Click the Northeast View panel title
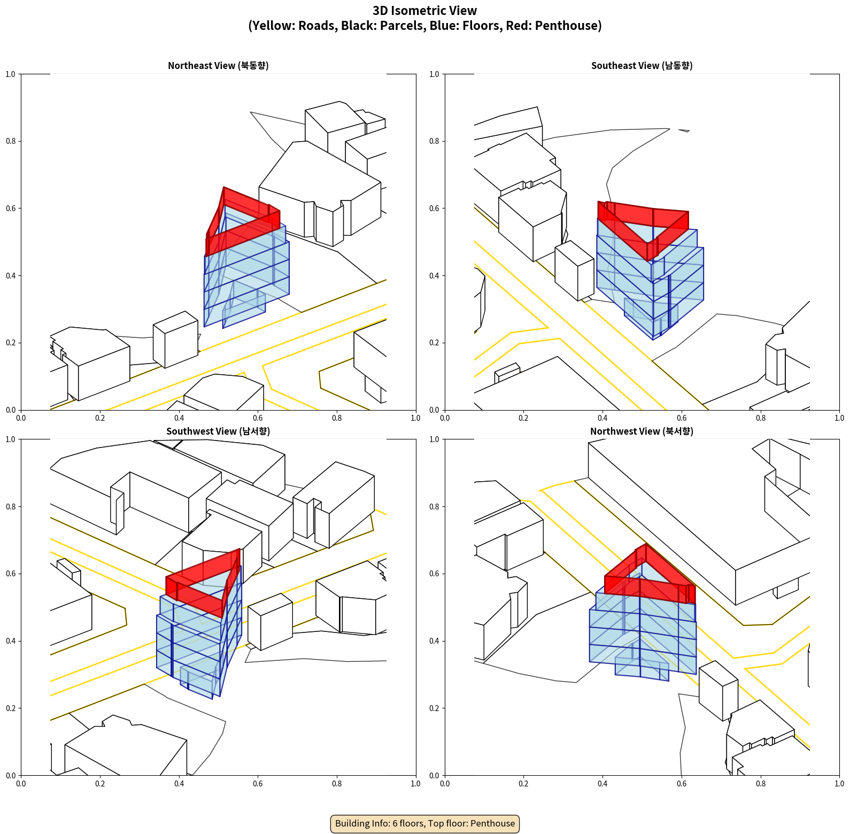coord(218,66)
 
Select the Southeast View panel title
coord(642,66)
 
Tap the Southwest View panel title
coord(218,431)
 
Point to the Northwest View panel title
coord(642,431)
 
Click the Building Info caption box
coord(425,823)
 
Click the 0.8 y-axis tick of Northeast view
coord(11,141)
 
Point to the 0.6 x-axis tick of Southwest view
coord(258,784)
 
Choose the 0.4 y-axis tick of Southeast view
coord(434,276)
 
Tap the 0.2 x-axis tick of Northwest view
coord(523,784)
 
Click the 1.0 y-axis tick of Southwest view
coord(11,439)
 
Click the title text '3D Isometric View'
coord(425,11)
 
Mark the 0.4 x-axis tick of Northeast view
coord(179,418)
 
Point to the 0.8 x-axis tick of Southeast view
coord(761,418)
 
